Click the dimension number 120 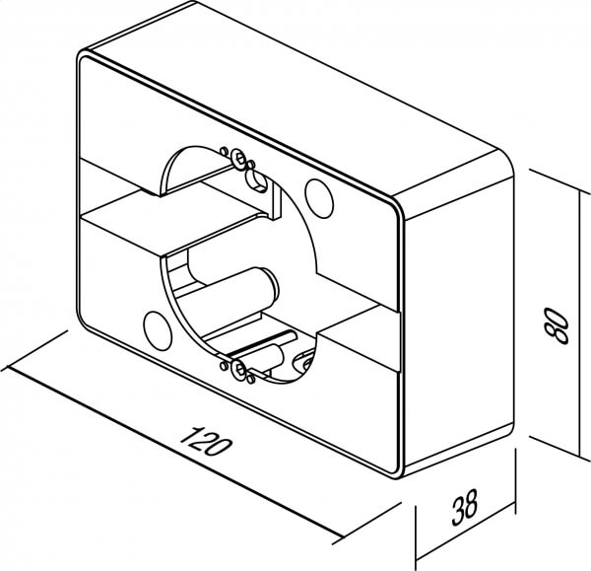[x=205, y=441]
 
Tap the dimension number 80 [x=557, y=324]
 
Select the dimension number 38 [x=465, y=507]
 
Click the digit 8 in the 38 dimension [x=472, y=504]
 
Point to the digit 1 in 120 [x=188, y=435]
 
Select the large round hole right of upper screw [x=319, y=199]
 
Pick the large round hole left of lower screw [x=158, y=330]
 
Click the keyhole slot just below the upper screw [x=256, y=180]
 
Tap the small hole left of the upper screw [x=224, y=152]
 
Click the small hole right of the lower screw [x=250, y=379]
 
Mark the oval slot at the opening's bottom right [x=307, y=362]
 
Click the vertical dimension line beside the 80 [x=579, y=323]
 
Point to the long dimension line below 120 [x=173, y=452]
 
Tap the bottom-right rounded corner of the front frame [x=397, y=468]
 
